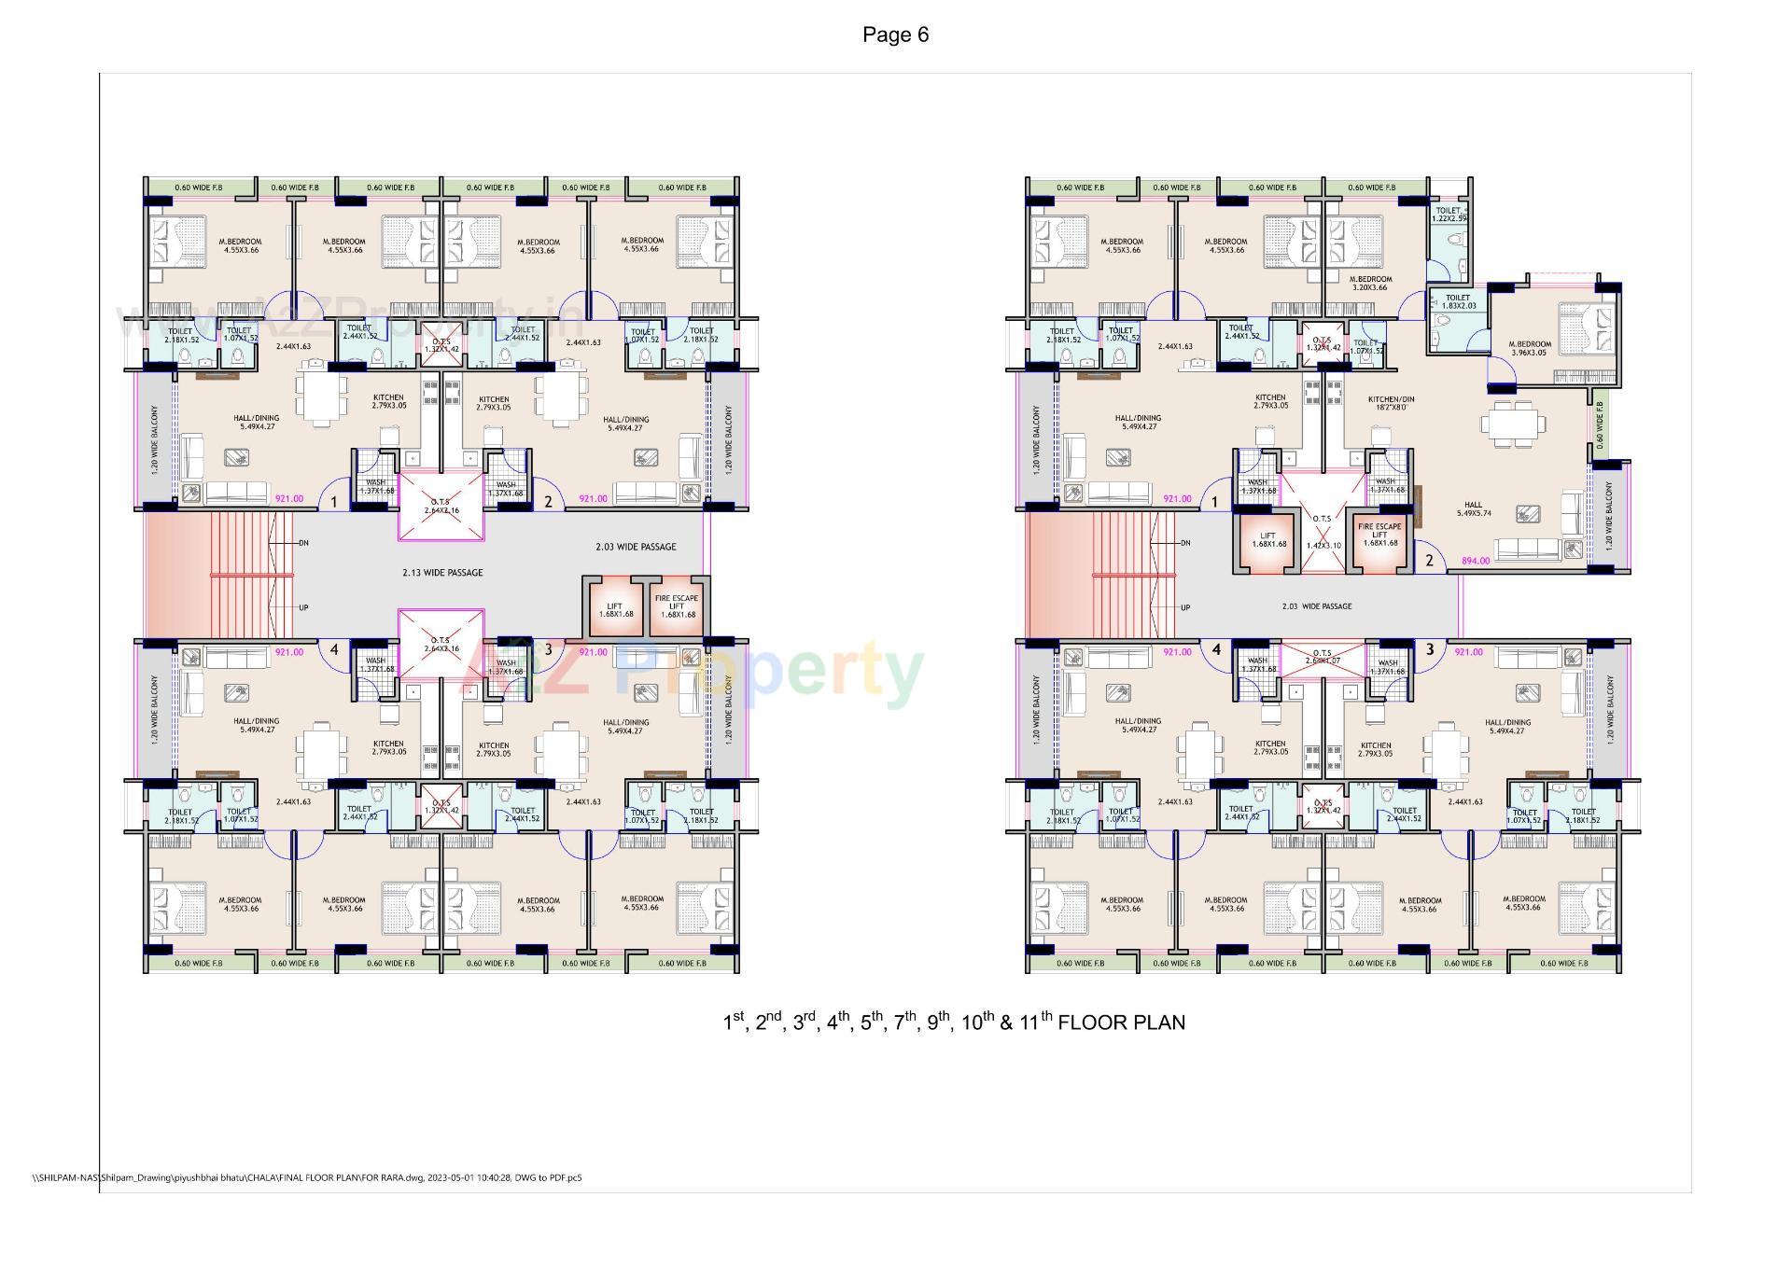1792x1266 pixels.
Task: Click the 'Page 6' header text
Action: (x=895, y=35)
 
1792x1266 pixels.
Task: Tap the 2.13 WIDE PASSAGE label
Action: (x=442, y=573)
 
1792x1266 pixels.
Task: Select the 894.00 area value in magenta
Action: (x=1476, y=561)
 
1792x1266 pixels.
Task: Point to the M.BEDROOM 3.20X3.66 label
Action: (x=1369, y=283)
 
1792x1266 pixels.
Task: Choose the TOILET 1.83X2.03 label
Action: (x=1458, y=302)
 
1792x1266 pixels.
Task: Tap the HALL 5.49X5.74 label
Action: (x=1473, y=508)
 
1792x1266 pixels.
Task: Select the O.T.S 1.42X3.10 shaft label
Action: (x=1322, y=531)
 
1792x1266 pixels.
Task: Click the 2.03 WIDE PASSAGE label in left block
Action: (x=636, y=547)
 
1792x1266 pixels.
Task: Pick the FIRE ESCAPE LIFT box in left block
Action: (x=677, y=606)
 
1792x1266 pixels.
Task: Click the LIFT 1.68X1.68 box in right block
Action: (x=1267, y=540)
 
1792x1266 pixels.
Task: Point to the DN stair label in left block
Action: (x=303, y=543)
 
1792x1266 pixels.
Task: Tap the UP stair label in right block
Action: (x=1185, y=607)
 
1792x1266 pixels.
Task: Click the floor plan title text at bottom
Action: (x=953, y=1023)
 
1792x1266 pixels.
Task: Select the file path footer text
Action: (x=307, y=1177)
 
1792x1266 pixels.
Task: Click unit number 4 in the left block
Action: (x=333, y=650)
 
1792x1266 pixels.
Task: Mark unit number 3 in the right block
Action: (x=1429, y=649)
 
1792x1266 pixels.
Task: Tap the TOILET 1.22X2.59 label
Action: (x=1449, y=215)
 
